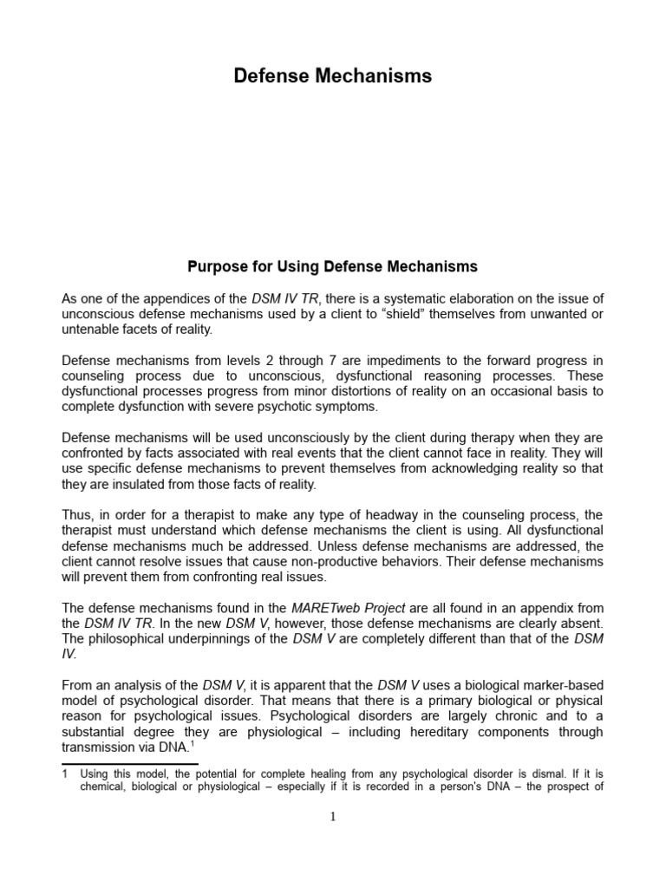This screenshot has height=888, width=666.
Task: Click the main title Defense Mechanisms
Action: point(333,76)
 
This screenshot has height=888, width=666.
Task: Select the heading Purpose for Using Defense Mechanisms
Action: point(333,265)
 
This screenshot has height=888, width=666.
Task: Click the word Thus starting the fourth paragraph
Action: point(77,515)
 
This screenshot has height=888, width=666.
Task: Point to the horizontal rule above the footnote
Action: point(130,764)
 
